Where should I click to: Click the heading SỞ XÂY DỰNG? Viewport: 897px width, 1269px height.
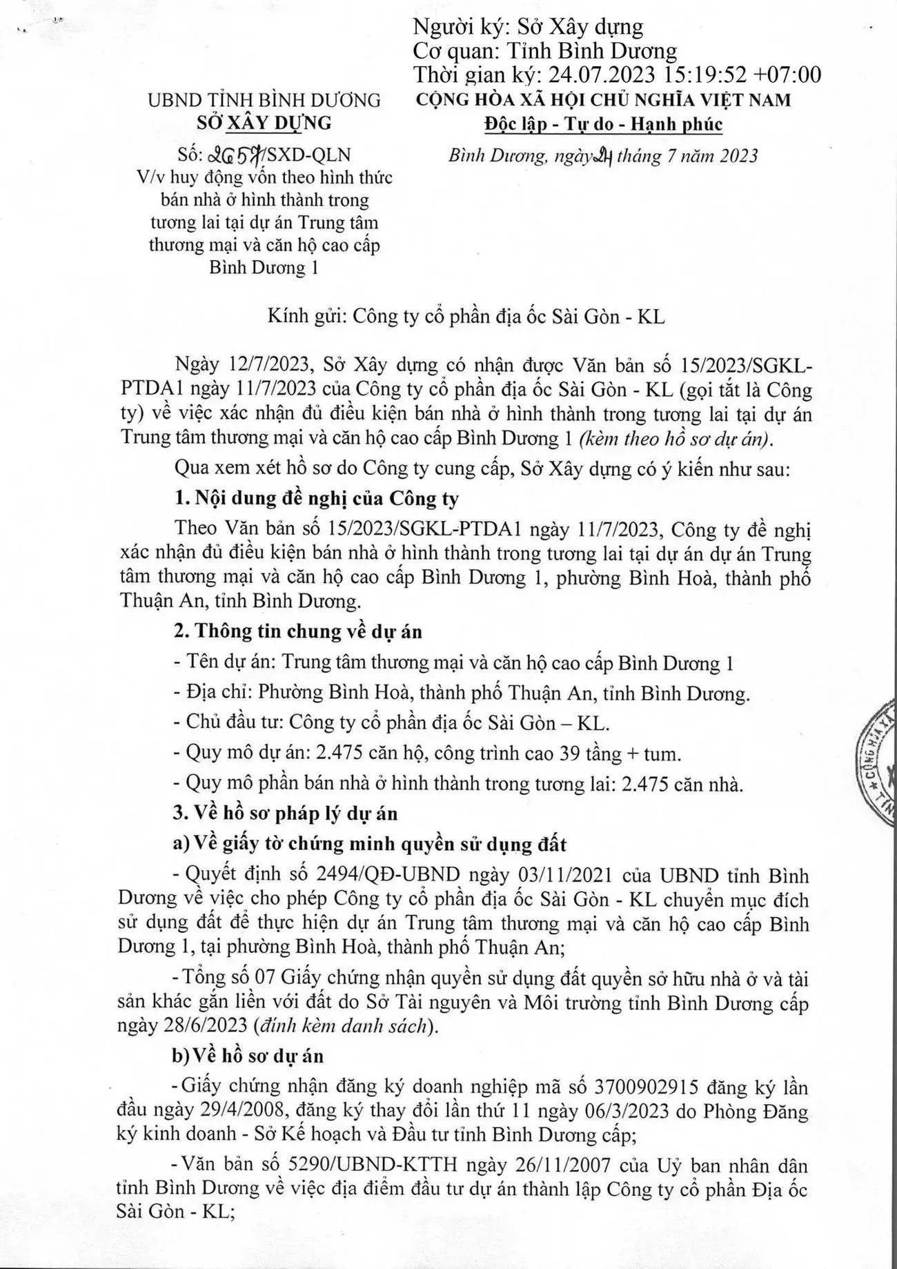click(x=264, y=123)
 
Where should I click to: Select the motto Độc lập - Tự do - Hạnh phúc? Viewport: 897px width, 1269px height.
click(x=602, y=124)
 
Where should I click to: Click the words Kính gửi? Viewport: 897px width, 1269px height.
click(x=306, y=316)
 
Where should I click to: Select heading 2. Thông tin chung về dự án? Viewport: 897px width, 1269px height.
click(x=297, y=631)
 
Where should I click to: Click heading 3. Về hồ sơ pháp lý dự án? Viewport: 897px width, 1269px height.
click(x=285, y=814)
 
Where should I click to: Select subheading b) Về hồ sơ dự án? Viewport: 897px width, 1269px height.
click(x=248, y=1056)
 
